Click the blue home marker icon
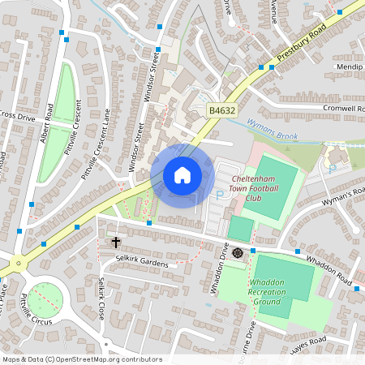(182, 175)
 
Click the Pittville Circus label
(34, 307)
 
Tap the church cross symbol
(115, 242)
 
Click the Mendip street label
(350, 67)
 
